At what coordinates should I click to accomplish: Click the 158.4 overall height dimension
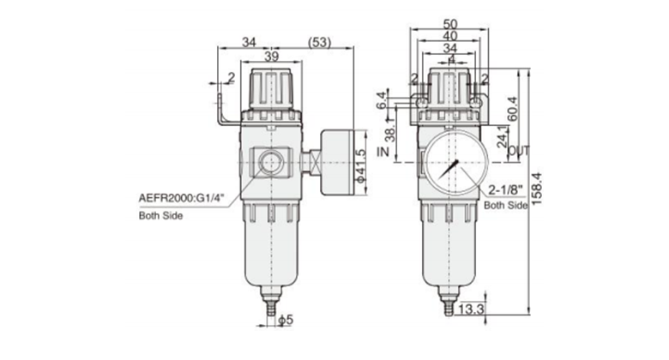[537, 188]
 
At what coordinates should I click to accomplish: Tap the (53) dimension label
[319, 42]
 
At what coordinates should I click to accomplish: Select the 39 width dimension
[271, 56]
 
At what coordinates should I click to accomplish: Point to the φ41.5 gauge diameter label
[361, 165]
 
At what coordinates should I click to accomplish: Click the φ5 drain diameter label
[286, 320]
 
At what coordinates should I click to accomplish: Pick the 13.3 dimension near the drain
[471, 309]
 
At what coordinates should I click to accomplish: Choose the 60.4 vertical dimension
[512, 108]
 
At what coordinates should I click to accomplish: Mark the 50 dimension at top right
[450, 24]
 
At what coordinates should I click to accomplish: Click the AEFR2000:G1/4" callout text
[181, 198]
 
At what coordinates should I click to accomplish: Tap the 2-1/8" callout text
[505, 189]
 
